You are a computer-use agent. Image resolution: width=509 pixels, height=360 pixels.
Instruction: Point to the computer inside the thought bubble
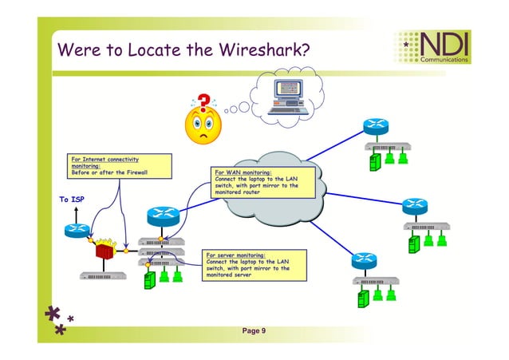(x=290, y=97)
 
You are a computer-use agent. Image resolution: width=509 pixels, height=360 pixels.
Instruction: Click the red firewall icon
(x=104, y=251)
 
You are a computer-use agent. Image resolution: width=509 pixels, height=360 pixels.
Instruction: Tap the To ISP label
(x=72, y=199)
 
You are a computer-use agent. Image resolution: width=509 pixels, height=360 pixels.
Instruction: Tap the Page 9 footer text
(x=254, y=330)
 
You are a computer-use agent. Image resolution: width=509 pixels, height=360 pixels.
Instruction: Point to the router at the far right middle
(x=415, y=207)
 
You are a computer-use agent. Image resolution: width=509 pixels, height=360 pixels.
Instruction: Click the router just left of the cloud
(x=162, y=215)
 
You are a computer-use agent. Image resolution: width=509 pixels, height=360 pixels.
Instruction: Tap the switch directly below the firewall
(x=104, y=275)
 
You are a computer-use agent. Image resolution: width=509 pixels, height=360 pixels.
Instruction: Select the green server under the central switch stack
(x=148, y=280)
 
